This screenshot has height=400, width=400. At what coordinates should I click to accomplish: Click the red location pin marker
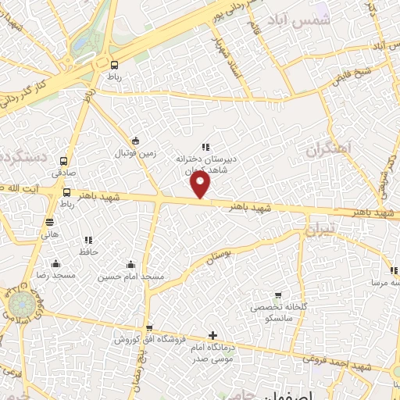tap(201, 184)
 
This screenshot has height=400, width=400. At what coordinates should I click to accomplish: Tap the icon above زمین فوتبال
tap(136, 141)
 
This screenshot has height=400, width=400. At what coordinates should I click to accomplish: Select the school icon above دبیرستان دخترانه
tap(205, 146)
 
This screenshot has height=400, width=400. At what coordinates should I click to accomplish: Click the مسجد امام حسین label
tap(130, 277)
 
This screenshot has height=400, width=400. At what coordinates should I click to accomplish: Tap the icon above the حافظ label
tap(87, 240)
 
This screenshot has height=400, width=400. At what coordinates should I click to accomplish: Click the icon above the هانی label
tap(50, 222)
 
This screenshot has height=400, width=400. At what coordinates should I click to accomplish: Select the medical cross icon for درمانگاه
tap(213, 335)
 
